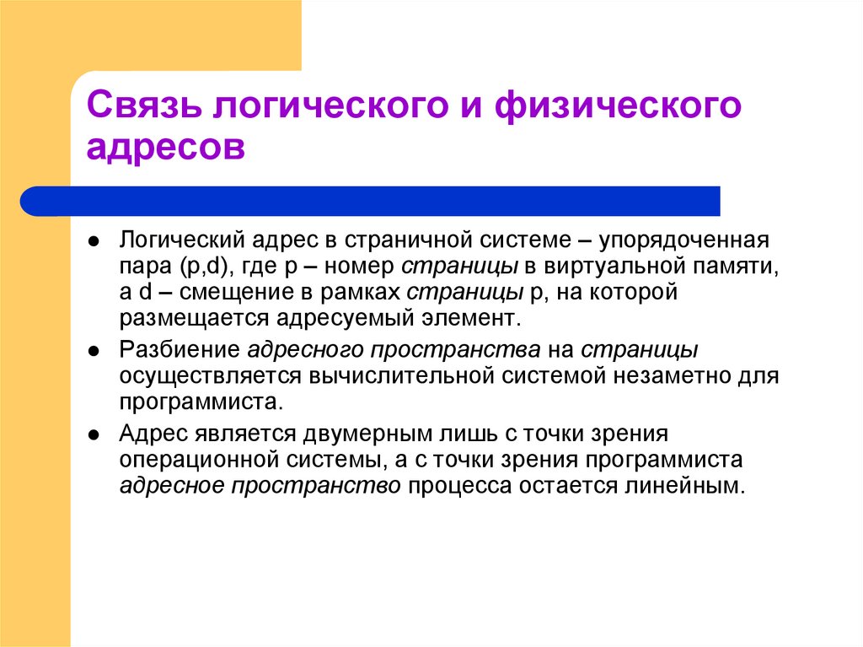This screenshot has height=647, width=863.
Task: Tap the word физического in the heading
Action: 619,108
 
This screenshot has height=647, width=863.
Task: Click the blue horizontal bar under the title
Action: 371,201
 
